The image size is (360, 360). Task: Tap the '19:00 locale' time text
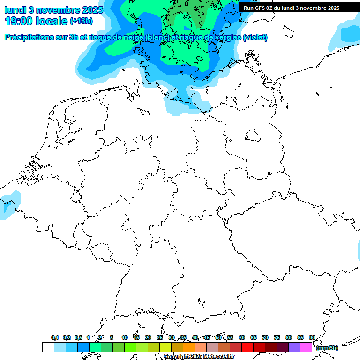click(x=36, y=21)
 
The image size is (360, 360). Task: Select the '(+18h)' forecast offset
click(x=81, y=21)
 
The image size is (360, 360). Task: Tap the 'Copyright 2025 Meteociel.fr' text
click(x=199, y=356)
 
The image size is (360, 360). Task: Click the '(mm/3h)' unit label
click(x=327, y=348)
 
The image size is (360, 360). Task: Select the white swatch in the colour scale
click(x=48, y=347)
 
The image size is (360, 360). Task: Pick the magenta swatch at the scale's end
click(x=306, y=347)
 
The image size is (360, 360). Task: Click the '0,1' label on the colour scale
click(x=55, y=337)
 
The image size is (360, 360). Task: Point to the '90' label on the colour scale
click(x=312, y=337)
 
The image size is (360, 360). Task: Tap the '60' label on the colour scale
click(x=242, y=337)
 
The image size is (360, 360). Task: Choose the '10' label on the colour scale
click(x=125, y=337)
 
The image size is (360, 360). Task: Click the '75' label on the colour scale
click(x=277, y=337)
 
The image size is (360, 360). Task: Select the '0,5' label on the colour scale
click(x=78, y=337)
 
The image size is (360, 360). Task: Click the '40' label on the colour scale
click(x=195, y=337)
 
